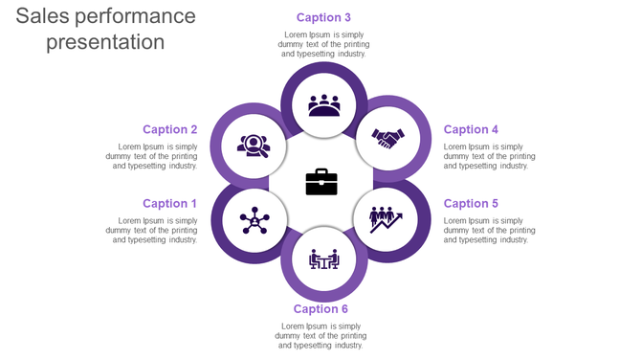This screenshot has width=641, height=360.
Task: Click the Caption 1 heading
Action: click(x=169, y=203)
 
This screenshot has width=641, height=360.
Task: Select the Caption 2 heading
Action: click(x=169, y=129)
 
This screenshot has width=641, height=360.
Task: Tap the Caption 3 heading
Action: click(x=323, y=17)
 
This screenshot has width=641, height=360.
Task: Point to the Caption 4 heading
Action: click(x=471, y=129)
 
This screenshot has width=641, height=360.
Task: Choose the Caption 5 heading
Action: click(x=471, y=203)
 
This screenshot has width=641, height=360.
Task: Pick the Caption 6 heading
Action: click(x=320, y=308)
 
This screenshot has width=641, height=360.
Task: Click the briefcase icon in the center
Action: click(x=321, y=181)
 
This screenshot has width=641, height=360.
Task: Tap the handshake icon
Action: click(x=388, y=140)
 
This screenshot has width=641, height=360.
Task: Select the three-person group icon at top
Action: click(x=324, y=103)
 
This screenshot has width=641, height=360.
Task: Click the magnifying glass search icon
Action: click(x=254, y=146)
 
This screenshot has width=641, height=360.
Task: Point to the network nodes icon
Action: click(x=254, y=220)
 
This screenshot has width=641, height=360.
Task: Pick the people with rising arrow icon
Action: click(x=386, y=219)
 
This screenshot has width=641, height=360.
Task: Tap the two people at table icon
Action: click(x=324, y=259)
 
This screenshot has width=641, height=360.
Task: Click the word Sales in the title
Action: click(x=42, y=16)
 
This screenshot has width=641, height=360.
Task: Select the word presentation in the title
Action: click(x=105, y=42)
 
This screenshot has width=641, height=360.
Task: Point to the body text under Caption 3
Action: click(x=323, y=44)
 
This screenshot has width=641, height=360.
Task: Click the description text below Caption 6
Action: click(x=320, y=335)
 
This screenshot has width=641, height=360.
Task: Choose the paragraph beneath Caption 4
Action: click(x=489, y=156)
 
